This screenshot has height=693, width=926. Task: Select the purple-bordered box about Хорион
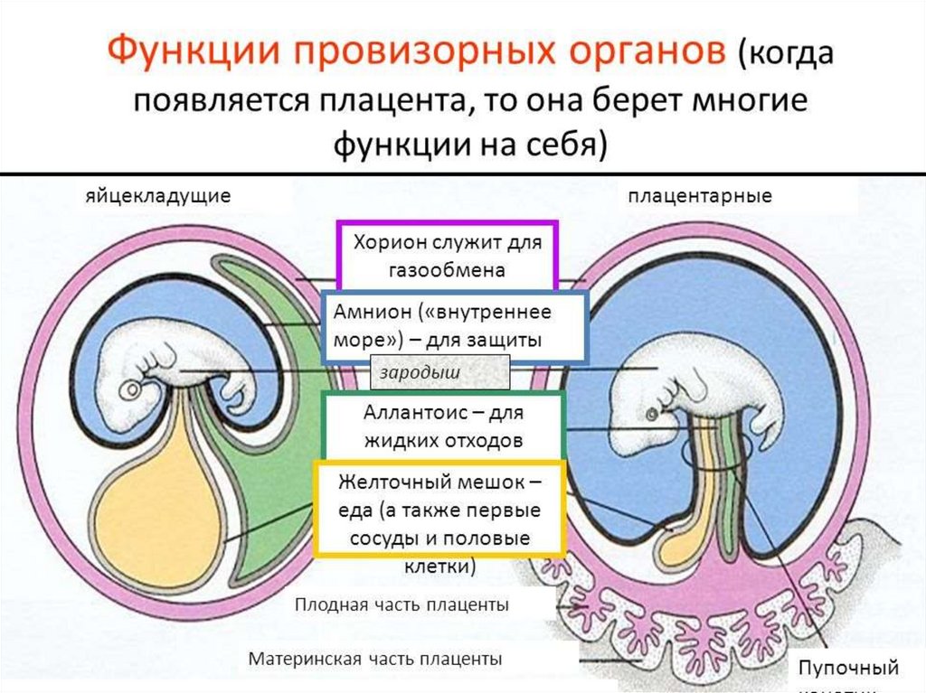pos(447,255)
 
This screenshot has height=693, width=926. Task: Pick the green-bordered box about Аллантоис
pos(443,426)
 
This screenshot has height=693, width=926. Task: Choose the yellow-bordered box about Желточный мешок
pos(439,510)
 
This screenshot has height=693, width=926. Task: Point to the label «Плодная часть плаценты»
pos(402,604)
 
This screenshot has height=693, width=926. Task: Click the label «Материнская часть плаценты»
pos(375,659)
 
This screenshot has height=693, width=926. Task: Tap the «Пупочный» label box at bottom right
pos(847,670)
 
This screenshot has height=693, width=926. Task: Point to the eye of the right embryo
pos(651,415)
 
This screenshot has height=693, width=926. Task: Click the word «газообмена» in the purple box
pos(448,269)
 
